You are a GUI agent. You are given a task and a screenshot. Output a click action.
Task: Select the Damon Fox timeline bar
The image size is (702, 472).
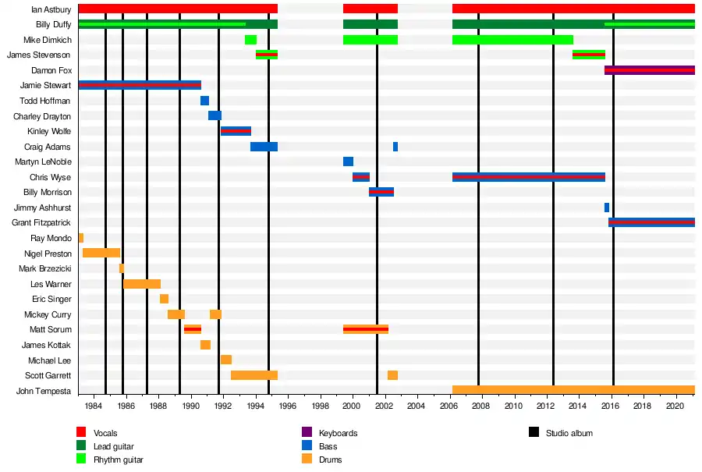coord(649,70)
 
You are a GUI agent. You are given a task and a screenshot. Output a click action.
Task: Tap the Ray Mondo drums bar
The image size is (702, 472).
coord(80,238)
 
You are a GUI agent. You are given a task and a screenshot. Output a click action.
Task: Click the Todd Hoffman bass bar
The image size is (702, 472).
coord(204,101)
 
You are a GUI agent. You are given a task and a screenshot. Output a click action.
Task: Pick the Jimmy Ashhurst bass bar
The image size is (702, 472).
coord(607,208)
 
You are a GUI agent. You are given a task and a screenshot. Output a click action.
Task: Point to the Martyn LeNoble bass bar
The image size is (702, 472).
coord(348,161)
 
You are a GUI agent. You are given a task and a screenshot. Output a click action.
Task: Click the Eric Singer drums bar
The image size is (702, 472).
coord(164,299)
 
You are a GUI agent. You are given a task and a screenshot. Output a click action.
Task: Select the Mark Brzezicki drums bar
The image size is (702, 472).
coord(122,268)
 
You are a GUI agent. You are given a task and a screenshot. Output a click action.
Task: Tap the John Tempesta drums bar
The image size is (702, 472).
coord(573,390)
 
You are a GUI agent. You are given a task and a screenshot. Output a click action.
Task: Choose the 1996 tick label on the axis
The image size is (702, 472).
coord(287,406)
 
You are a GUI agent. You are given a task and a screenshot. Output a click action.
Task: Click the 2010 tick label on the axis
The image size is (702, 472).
coord(513,406)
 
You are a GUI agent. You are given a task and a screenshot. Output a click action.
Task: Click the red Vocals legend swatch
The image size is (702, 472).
coord(81,432)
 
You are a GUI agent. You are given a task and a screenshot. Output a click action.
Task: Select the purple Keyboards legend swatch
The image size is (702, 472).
coord(307,432)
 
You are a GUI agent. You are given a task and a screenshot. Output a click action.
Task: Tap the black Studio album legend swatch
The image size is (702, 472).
coord(534,432)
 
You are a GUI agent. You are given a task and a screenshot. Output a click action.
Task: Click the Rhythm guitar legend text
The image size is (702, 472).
coord(118,460)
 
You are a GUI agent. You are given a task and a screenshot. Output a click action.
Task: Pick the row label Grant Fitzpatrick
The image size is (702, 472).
coord(41,223)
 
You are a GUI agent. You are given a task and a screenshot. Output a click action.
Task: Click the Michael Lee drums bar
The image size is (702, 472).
coord(226,360)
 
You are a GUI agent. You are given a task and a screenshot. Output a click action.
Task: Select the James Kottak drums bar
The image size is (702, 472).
coord(205,345)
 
